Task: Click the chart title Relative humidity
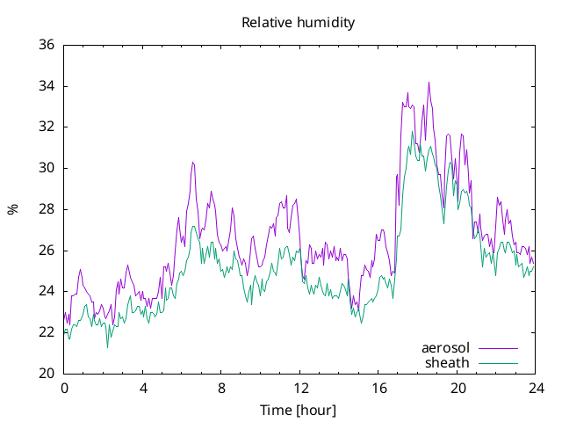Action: coord(299,23)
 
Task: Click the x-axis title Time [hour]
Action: coord(299,411)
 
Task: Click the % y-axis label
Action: coord(12,209)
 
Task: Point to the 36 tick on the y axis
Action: coord(47,45)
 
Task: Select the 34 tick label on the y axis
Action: coord(47,86)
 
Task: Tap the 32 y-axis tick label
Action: coord(47,127)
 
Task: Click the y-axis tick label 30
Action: coord(47,168)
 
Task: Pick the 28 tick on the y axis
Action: coord(47,209)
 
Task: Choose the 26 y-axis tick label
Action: coord(47,250)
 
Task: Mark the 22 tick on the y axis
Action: coord(47,332)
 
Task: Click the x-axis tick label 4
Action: coord(143,389)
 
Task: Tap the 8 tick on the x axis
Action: coord(221,389)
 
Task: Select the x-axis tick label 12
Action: coord(300,389)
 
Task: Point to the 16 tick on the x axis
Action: coord(378,389)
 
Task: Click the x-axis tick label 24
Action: coord(537,389)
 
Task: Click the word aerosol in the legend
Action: coord(445,348)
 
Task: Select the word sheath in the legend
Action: coord(447,363)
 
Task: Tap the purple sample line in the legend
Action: coord(498,348)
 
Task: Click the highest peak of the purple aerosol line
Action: coord(429,82)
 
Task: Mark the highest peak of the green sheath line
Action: coord(412,131)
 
